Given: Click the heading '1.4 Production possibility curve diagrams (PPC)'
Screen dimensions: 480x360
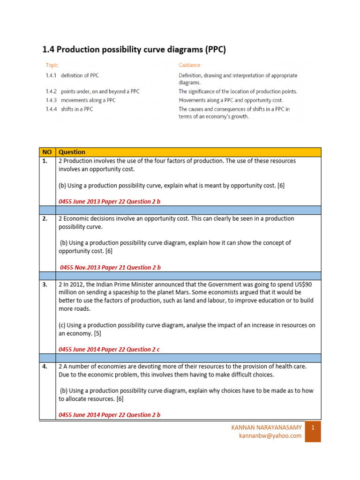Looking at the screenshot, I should coord(134,50).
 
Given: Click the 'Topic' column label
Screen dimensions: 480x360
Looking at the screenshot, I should coord(52,65).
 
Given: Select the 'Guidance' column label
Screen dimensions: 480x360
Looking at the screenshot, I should coord(189,65).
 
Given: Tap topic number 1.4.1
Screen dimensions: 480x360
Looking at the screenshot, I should coord(51,75).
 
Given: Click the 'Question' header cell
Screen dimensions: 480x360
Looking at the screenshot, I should coord(72,152).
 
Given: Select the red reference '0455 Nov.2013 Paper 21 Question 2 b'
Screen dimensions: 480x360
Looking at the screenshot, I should coord(111,267).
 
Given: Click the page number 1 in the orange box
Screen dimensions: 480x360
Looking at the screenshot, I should coord(313,427).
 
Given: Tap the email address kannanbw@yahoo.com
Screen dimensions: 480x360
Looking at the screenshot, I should coord(270,436).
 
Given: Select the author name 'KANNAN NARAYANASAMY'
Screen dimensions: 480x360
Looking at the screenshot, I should coord(267,427).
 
